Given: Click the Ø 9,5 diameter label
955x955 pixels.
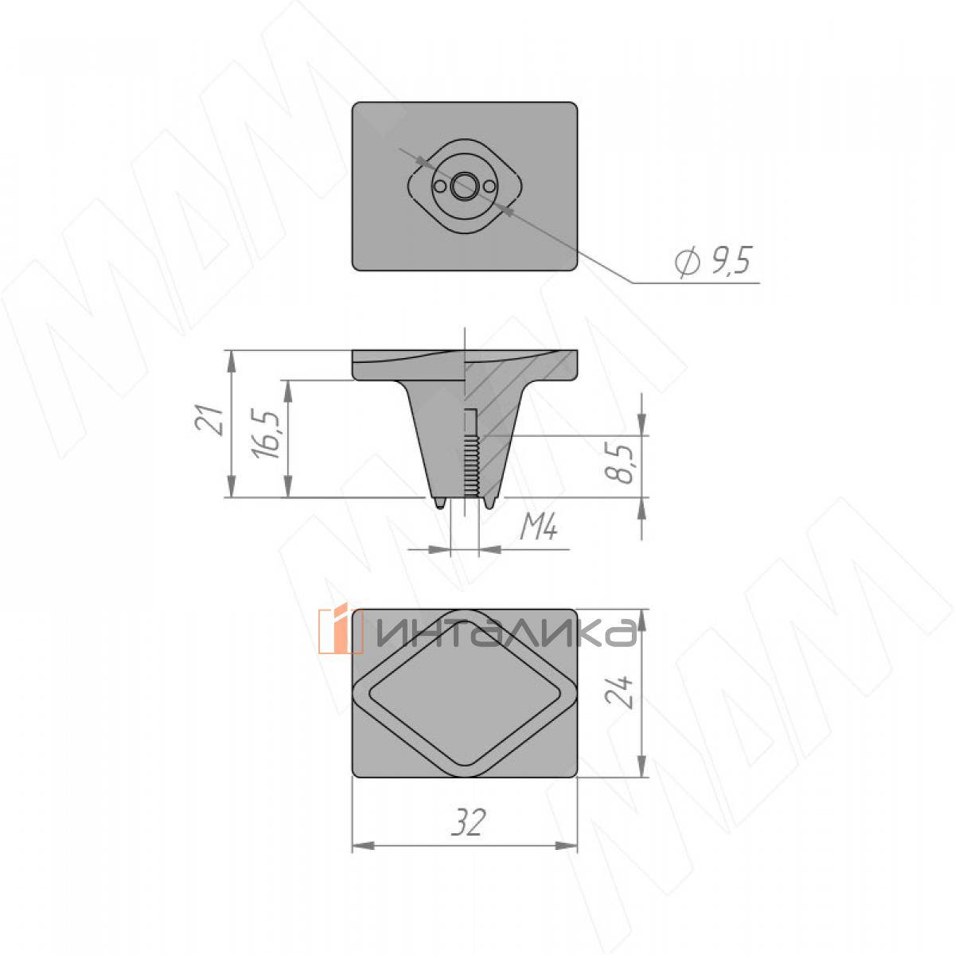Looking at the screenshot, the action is (x=714, y=261).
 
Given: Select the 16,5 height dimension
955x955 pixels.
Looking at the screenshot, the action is (x=266, y=433).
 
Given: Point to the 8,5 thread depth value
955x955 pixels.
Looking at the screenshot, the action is (x=619, y=463).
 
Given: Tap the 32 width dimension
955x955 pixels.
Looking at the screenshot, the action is (x=467, y=822).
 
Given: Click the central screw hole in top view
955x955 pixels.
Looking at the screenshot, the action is (x=464, y=186).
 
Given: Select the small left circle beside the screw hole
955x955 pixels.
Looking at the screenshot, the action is (x=439, y=187).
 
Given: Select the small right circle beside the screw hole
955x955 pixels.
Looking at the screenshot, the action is (x=489, y=187).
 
